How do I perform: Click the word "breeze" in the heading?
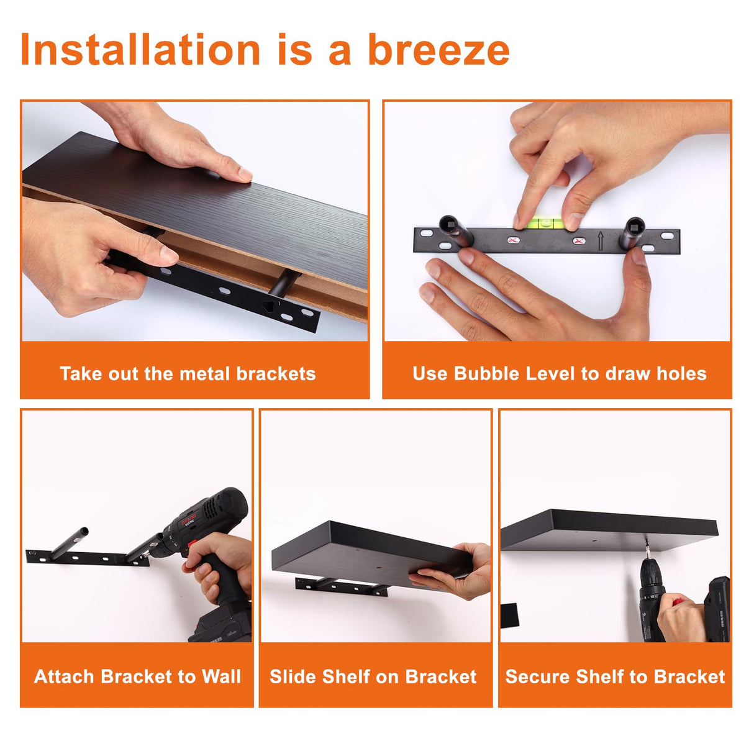438,50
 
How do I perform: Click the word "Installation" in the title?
140,49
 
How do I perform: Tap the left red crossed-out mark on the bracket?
513,240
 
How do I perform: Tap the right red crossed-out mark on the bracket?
579,241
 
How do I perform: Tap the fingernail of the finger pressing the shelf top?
245,174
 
